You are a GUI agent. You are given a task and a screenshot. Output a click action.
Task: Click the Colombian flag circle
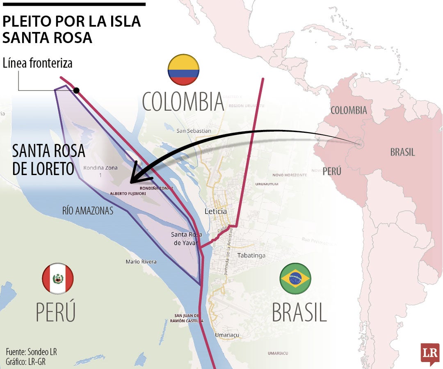tap(183, 70)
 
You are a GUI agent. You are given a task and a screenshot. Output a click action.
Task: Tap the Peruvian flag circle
tap(57, 279)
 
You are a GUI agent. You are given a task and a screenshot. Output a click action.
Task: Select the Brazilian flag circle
tap(295, 279)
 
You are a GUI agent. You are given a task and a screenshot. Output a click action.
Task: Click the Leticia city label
tap(215, 212)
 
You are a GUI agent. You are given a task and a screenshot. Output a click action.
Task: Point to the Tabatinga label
tap(251, 255)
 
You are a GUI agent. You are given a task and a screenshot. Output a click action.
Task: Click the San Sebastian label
tap(194, 131)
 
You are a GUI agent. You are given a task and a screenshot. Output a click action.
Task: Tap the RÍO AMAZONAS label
tap(88, 210)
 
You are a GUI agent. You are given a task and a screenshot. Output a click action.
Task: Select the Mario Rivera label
tap(141, 262)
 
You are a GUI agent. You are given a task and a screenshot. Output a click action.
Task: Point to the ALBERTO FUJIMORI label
tap(128, 193)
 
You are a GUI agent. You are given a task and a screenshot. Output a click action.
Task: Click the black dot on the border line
tap(76, 90)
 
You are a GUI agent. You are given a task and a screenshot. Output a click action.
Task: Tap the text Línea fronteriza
tap(37, 63)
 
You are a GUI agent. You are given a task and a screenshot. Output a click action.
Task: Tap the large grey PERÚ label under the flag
tap(56, 312)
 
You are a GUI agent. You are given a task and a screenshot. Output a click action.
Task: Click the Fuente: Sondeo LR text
tap(31, 352)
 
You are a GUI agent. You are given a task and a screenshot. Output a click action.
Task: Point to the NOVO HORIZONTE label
tap(290, 175)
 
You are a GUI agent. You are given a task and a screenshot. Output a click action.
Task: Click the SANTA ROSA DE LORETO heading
tap(48, 160)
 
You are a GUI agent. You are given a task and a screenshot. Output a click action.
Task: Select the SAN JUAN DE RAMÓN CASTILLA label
tap(186, 318)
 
